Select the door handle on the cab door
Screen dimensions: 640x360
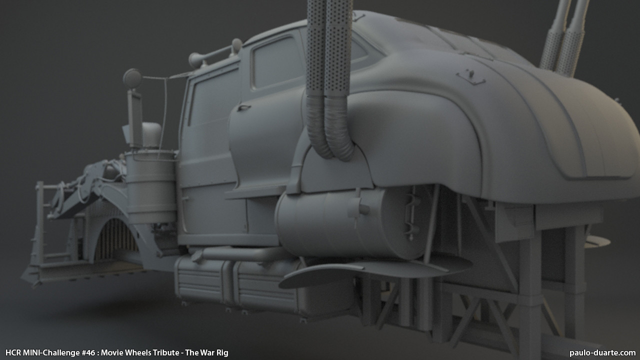(243, 107)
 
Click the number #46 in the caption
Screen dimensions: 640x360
(88, 353)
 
